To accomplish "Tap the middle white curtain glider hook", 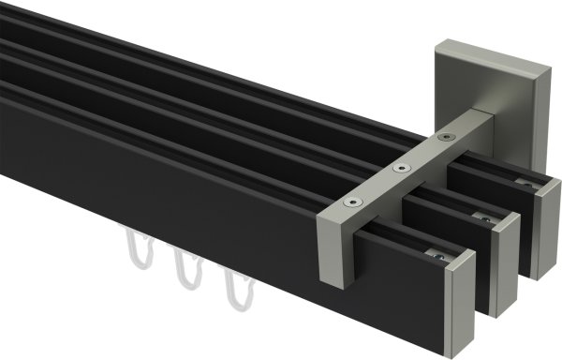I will pos(185,272).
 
